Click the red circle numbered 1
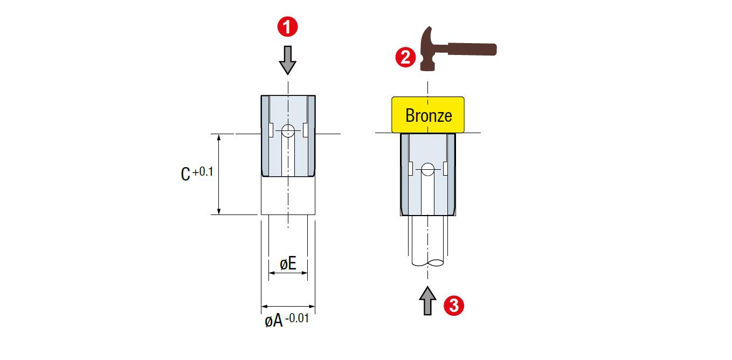pyautogui.click(x=288, y=26)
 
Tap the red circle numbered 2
pyautogui.click(x=405, y=57)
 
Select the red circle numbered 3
pyautogui.click(x=453, y=306)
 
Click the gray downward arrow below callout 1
pyautogui.click(x=288, y=60)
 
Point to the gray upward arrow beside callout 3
pyautogui.click(x=427, y=300)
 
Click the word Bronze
pyautogui.click(x=428, y=115)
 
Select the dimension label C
pyautogui.click(x=185, y=174)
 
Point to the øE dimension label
pyautogui.click(x=288, y=264)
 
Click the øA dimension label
pyautogui.click(x=274, y=321)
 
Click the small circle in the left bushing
pyautogui.click(x=288, y=130)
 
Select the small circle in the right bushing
pyautogui.click(x=427, y=169)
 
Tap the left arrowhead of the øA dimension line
pyautogui.click(x=264, y=307)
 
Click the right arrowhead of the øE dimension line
pyautogui.click(x=305, y=273)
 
